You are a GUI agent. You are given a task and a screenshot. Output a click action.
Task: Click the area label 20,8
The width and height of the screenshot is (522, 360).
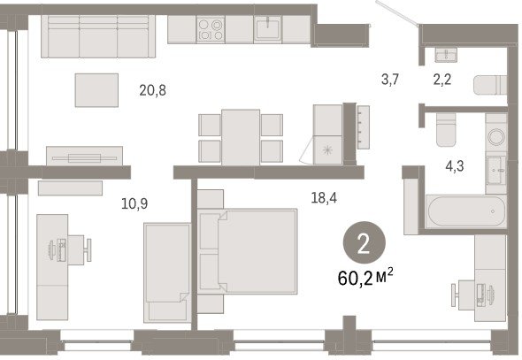tap(152, 90)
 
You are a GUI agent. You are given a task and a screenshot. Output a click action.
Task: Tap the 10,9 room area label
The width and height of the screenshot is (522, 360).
tap(134, 203)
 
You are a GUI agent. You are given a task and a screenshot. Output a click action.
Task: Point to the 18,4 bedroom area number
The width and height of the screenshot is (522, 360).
tap(324, 198)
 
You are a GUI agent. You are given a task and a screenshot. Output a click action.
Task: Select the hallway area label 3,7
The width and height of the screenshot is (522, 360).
tap(390, 80)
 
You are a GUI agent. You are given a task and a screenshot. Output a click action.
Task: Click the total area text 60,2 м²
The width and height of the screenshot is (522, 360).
tap(365, 278)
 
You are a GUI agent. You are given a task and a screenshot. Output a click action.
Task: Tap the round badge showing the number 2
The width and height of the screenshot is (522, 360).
tap(365, 242)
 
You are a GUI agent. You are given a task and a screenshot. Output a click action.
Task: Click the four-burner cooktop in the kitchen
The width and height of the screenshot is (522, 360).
tap(211, 29)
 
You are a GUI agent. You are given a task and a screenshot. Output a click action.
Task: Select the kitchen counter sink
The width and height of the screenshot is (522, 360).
tap(268, 29)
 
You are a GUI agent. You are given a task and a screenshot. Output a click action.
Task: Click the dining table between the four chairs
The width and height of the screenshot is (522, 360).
tap(241, 137)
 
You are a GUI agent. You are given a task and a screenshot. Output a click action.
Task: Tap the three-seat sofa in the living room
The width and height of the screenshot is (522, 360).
tap(98, 36)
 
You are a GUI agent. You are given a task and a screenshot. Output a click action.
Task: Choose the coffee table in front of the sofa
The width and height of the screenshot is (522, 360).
tap(96, 90)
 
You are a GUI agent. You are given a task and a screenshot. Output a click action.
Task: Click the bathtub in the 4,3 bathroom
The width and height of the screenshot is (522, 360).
tap(465, 211)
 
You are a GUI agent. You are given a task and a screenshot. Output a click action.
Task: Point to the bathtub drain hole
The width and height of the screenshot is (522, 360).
tap(493, 211)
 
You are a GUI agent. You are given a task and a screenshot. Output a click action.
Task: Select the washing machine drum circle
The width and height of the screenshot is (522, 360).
tap(496, 137)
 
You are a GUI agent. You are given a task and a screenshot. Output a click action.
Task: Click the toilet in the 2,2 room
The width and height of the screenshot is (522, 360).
tap(490, 85)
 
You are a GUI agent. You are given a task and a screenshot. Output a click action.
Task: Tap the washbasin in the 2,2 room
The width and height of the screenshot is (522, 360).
tap(446, 55)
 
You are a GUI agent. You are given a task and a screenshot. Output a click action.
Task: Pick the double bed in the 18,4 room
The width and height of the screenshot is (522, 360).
tap(247, 251)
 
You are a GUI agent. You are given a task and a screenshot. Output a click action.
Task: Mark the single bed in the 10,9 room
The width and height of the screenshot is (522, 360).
tap(167, 272)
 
